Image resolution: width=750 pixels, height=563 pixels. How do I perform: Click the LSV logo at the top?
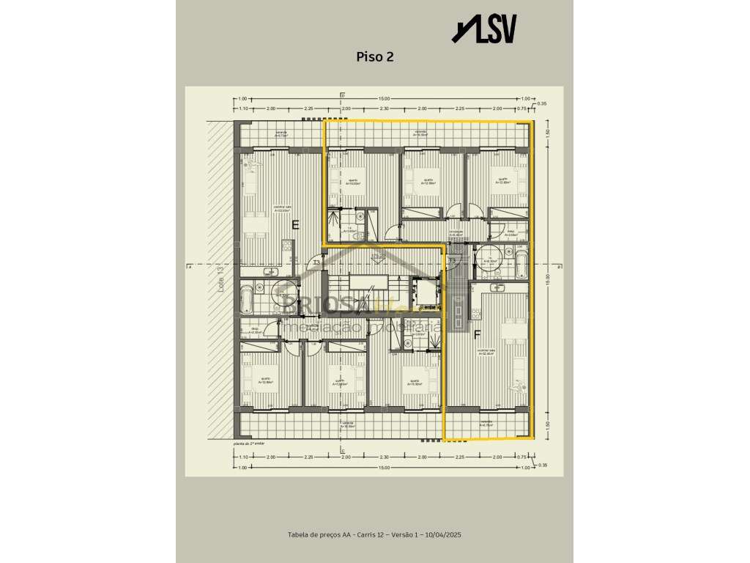coord(485,29)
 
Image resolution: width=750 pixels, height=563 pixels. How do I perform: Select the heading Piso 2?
coord(374,57)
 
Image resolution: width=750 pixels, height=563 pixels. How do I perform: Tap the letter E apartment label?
coord(295,225)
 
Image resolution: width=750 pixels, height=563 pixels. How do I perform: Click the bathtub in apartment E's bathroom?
coord(246,299)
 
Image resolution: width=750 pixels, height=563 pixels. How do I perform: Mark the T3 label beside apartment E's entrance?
coord(316,262)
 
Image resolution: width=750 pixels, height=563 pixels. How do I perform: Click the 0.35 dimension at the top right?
coord(541,104)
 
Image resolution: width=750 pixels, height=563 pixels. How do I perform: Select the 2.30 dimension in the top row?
coord(383,108)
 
